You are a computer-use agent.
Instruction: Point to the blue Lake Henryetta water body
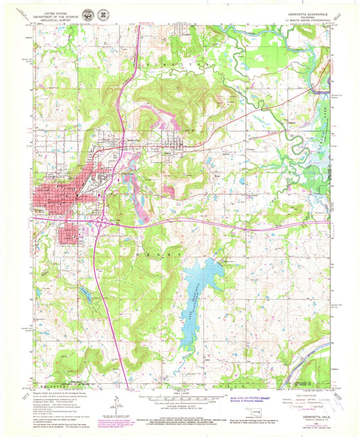pos(203,277)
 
